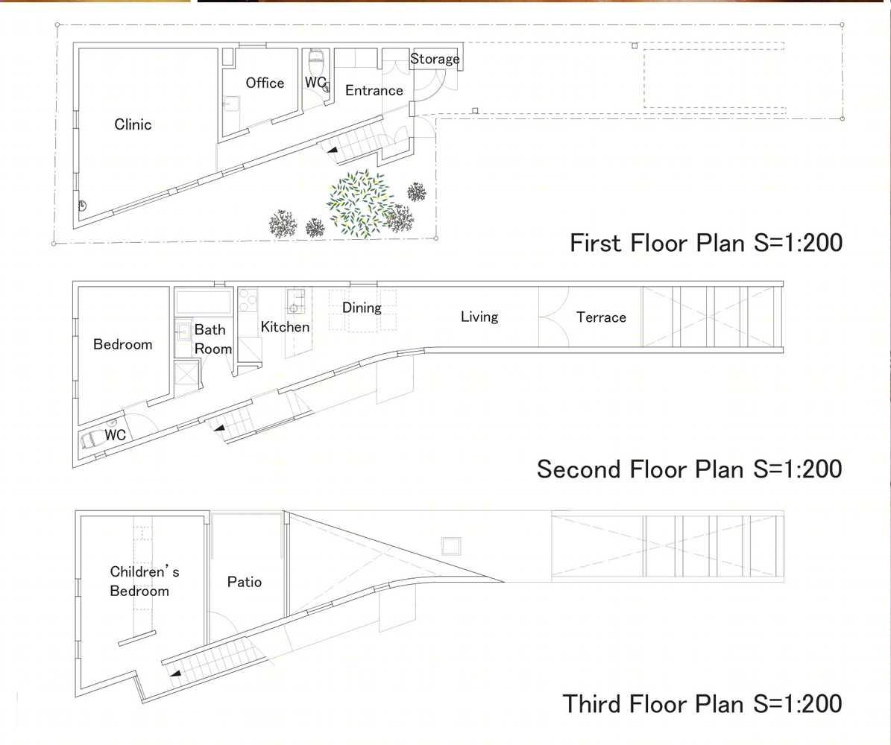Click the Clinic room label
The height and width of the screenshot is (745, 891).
pyautogui.click(x=133, y=124)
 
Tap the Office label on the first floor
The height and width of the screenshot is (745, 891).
pyautogui.click(x=265, y=83)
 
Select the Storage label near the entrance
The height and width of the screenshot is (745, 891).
pyautogui.click(x=435, y=59)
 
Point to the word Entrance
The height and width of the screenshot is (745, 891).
pyautogui.click(x=374, y=90)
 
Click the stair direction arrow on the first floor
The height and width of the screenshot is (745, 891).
pyautogui.click(x=331, y=150)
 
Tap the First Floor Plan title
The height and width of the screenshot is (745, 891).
pyautogui.click(x=706, y=243)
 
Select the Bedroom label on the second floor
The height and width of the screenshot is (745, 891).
pyautogui.click(x=123, y=344)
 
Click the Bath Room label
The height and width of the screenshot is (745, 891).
pyautogui.click(x=213, y=339)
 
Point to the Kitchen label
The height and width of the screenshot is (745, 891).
pyautogui.click(x=286, y=326)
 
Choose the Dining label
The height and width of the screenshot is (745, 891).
pyautogui.click(x=362, y=308)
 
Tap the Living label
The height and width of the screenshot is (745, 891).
pyautogui.click(x=479, y=317)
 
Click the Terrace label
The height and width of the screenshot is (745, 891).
pyautogui.click(x=601, y=317)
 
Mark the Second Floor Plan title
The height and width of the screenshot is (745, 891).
pyautogui.click(x=689, y=469)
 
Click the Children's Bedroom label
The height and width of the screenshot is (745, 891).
pyautogui.click(x=145, y=581)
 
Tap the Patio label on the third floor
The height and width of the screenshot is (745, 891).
pyautogui.click(x=245, y=581)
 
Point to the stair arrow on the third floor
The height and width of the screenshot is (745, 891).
pyautogui.click(x=175, y=673)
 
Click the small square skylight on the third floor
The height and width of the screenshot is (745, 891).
pyautogui.click(x=451, y=545)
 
